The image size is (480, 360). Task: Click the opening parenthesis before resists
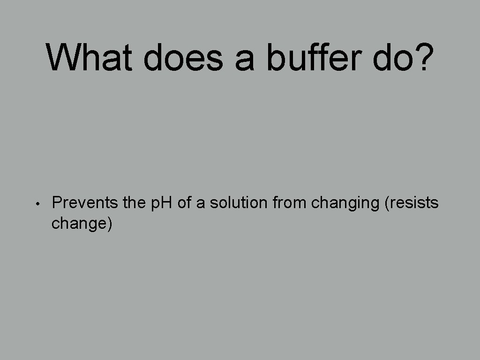[x=386, y=204]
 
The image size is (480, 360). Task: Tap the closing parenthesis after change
[x=110, y=224]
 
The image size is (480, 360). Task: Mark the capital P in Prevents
[x=56, y=203]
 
